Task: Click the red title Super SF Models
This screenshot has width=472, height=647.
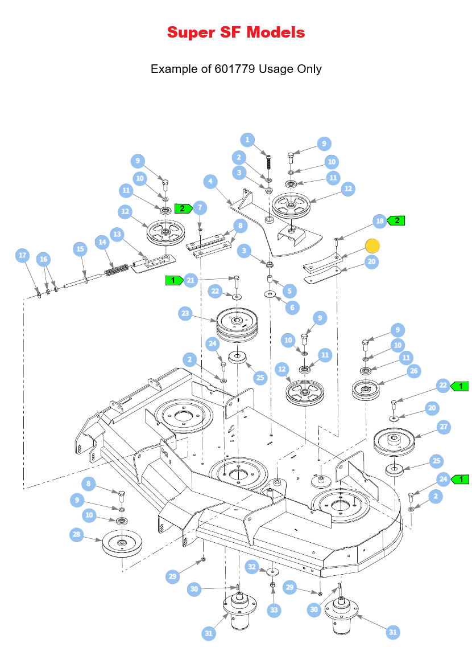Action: [x=236, y=32]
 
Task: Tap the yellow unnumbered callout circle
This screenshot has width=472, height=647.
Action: [x=372, y=246]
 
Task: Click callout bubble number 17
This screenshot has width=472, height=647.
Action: [x=23, y=255]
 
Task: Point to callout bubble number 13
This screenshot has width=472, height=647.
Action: [x=117, y=235]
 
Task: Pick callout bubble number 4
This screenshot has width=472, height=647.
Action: [x=210, y=181]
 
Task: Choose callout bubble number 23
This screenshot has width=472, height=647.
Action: [x=185, y=313]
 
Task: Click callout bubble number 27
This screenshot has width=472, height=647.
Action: [x=444, y=427]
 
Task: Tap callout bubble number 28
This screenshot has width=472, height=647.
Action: [x=77, y=535]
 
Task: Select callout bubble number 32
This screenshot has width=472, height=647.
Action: [x=252, y=567]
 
